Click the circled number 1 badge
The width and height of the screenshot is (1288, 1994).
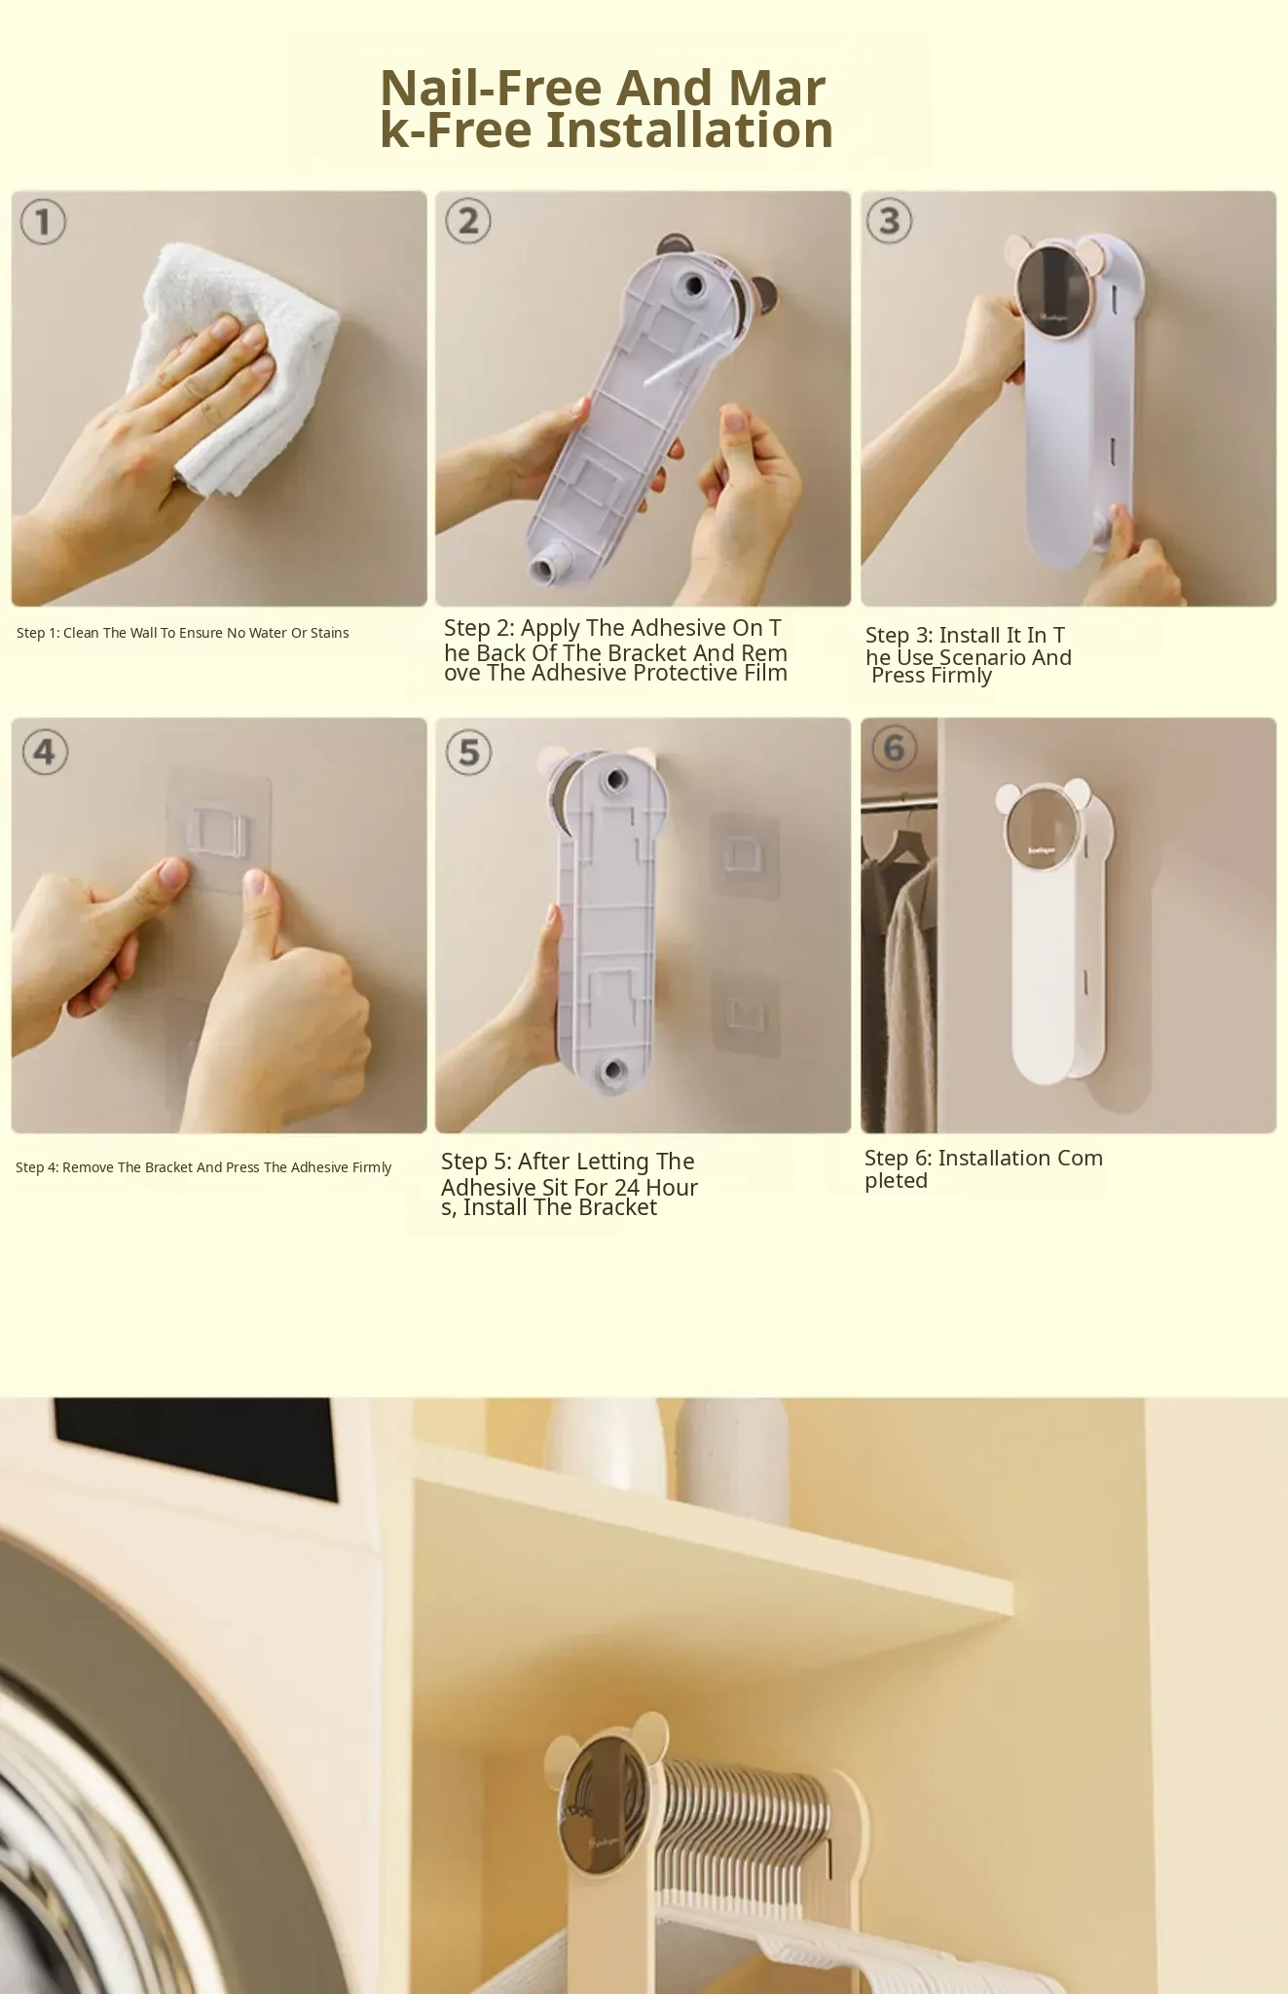43,222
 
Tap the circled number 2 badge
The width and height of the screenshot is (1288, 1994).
467,221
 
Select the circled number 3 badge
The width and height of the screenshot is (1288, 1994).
889,221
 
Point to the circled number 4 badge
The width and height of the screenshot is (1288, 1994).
44,752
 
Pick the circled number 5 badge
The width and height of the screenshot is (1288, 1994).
468,752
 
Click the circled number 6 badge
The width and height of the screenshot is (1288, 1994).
894,748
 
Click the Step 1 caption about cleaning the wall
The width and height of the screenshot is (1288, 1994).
183,633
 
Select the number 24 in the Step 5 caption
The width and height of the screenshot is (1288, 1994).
627,1188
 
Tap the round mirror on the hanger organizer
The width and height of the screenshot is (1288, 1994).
607,1804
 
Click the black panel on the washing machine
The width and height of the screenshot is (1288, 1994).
195,1448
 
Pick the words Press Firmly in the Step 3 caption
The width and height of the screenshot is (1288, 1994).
932,676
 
